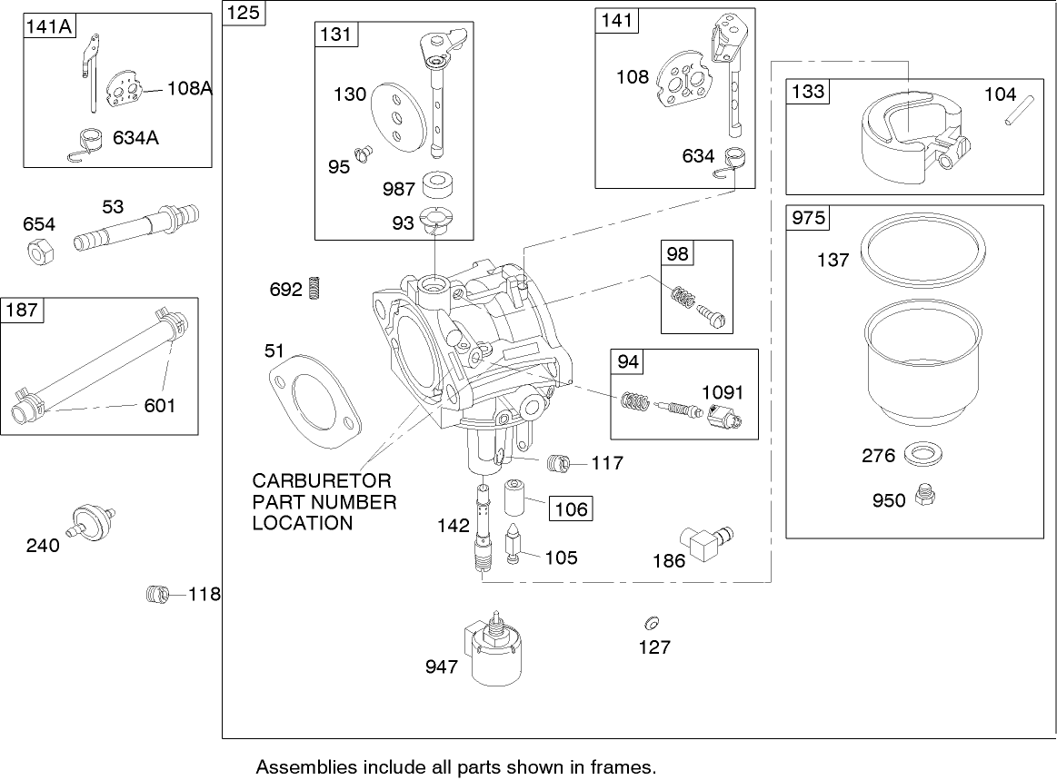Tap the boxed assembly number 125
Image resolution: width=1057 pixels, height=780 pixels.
[243, 13]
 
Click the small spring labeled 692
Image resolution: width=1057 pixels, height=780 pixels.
[316, 288]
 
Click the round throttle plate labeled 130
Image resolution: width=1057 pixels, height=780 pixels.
[395, 116]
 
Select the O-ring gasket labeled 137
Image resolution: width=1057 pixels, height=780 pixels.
[923, 246]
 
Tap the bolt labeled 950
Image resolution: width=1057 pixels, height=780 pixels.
[926, 496]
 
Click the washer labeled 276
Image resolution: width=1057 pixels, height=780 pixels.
[922, 453]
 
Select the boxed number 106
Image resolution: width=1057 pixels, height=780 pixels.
[572, 508]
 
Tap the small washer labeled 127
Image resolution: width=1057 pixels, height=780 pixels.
[650, 624]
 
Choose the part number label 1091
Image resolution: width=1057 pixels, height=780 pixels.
[722, 392]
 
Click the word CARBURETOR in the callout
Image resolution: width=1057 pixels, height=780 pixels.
[321, 480]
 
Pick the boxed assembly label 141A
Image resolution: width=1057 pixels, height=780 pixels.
[49, 26]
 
